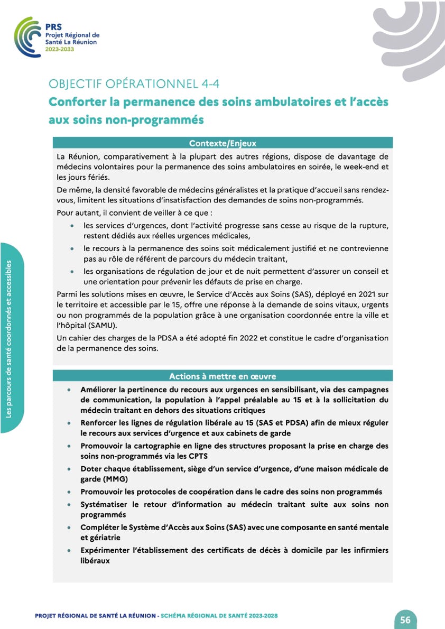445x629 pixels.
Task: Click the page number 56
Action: point(405,620)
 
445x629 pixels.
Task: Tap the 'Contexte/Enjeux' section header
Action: point(222,143)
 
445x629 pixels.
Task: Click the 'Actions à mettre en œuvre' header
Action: point(222,376)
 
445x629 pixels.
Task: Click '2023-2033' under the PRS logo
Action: point(60,49)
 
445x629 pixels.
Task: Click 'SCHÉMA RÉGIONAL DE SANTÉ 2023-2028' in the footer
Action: point(219,616)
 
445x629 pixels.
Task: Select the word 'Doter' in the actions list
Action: point(92,469)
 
